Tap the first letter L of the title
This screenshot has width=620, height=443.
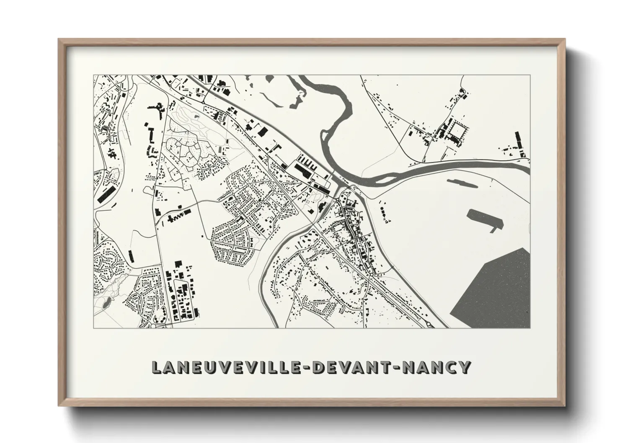[156, 368]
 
